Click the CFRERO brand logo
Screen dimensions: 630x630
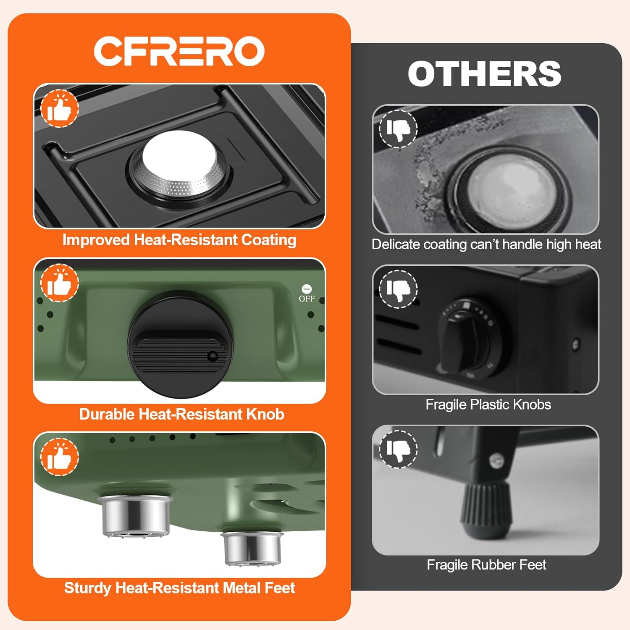click(179, 51)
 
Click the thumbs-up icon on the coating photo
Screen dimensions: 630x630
click(60, 108)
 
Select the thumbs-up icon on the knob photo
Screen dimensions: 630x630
click(60, 283)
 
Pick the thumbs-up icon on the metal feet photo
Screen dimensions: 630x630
click(60, 457)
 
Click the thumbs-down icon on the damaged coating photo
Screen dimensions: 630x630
click(398, 129)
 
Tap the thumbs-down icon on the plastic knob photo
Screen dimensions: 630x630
click(398, 289)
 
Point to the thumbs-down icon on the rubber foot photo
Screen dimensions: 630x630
click(398, 449)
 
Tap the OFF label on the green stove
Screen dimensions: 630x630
click(307, 299)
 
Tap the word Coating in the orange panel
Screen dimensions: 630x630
click(269, 240)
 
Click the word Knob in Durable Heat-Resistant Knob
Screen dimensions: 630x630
click(265, 415)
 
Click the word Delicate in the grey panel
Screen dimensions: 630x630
click(396, 244)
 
